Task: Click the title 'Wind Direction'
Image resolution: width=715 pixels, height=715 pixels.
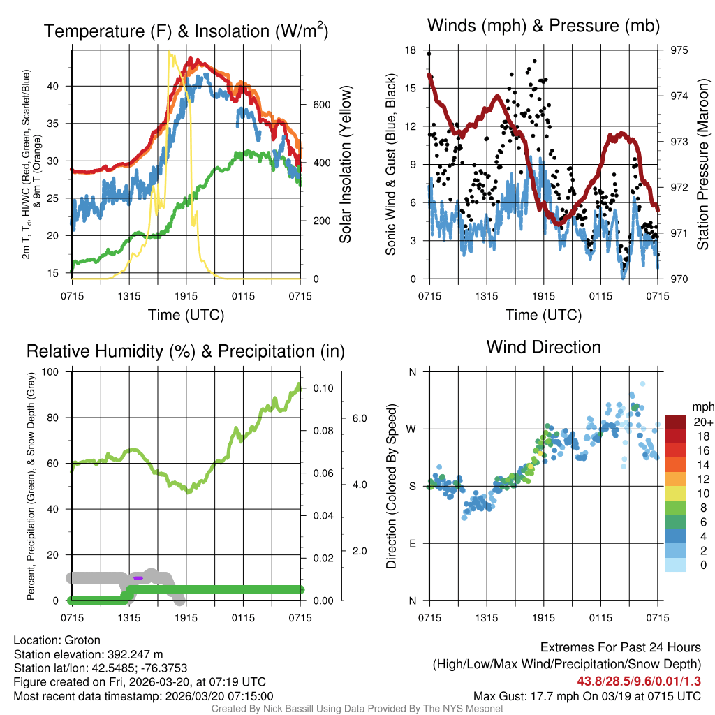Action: [x=543, y=347]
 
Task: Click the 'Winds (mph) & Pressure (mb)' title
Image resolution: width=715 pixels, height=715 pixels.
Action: [x=543, y=27]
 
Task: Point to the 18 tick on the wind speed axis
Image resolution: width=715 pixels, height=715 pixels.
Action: [x=411, y=50]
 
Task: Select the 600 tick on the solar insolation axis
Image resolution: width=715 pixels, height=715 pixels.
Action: [x=321, y=105]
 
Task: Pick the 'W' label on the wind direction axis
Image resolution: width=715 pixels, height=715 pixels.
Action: [x=412, y=429]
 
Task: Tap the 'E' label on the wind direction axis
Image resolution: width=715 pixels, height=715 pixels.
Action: [x=413, y=543]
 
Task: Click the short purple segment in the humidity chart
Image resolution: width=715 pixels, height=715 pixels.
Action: [x=138, y=577]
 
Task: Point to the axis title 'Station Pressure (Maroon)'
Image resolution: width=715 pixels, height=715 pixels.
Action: [x=702, y=164]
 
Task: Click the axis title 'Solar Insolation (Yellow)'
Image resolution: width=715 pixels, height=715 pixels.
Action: [x=345, y=164]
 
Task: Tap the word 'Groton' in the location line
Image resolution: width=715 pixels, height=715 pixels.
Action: [x=82, y=640]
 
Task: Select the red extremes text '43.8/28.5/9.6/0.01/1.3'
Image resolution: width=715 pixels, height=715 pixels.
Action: [x=638, y=681]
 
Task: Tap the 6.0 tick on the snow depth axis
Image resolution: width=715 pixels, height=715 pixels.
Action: [x=357, y=418]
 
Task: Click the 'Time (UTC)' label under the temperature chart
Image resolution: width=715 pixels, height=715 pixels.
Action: [x=186, y=315]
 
